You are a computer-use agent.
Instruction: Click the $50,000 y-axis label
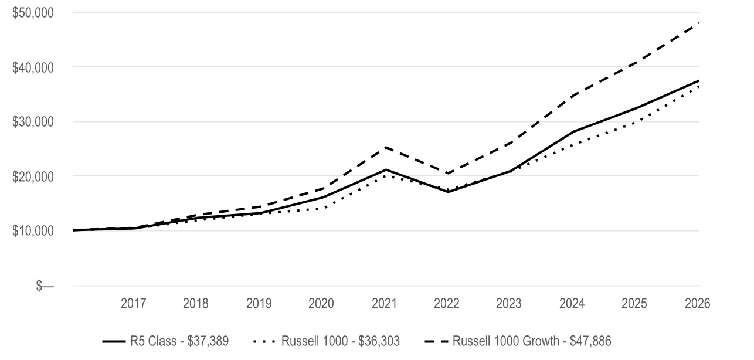33,13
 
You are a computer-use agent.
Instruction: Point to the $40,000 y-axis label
33,67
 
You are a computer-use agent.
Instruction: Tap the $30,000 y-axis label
33,122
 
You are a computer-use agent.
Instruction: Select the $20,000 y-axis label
33,176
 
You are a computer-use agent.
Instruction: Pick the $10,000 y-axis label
33,230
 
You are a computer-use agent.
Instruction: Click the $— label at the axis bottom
45,286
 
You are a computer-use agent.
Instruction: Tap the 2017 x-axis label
133,304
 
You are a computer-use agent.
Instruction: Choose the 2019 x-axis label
259,304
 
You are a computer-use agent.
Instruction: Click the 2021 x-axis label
384,304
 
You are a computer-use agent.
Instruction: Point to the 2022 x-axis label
446,304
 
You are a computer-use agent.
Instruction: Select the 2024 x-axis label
572,304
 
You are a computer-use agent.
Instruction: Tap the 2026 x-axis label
698,304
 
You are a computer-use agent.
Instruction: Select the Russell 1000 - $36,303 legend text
340,341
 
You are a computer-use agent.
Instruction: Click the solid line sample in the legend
114,342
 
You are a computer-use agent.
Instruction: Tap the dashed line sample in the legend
437,342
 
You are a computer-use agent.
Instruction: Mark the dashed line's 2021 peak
385,147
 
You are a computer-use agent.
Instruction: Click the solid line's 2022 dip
448,192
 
